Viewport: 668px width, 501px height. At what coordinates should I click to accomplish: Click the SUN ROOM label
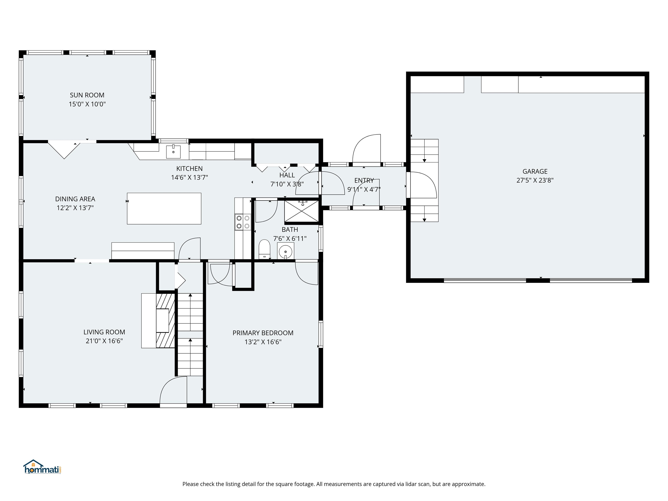coord(87,95)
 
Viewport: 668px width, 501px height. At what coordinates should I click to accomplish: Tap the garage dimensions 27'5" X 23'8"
coord(535,180)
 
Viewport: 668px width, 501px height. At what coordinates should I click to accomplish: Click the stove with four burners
coord(243,222)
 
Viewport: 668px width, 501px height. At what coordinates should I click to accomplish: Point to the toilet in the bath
coord(264,249)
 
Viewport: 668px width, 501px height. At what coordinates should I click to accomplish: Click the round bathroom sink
coord(285,251)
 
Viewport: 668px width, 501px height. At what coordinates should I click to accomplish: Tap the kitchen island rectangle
coord(164,208)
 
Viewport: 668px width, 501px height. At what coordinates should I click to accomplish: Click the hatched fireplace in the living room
coord(165,321)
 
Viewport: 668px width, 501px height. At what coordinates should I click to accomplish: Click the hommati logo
coord(42,467)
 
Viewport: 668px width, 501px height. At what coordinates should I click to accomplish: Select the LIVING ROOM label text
coord(104,332)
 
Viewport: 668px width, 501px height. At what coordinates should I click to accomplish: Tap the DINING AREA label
coord(75,199)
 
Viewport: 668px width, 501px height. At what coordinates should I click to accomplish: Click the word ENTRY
coord(364,180)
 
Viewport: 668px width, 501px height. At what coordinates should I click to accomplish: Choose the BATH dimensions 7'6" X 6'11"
coord(290,239)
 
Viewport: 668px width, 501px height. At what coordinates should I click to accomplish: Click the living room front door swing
coord(173,390)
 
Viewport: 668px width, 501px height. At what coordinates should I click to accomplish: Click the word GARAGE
coord(535,171)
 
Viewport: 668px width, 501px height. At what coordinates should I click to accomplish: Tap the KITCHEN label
coord(189,169)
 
